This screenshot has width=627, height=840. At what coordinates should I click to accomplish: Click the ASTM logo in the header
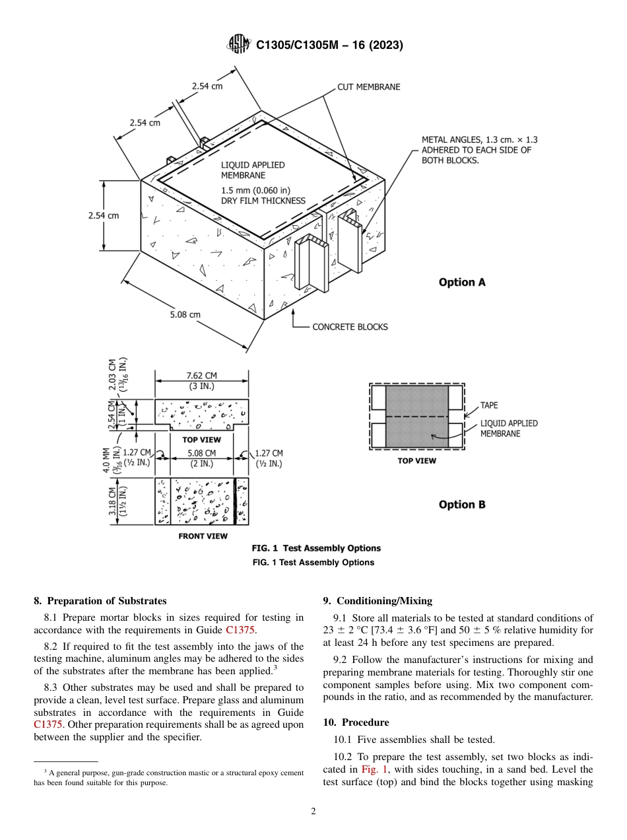(239, 44)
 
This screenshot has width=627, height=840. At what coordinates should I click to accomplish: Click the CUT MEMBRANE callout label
(368, 87)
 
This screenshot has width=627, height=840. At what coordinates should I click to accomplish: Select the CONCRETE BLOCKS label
(350, 327)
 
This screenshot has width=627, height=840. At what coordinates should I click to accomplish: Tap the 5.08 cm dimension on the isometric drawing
(185, 314)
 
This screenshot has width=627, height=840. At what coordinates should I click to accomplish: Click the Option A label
(462, 282)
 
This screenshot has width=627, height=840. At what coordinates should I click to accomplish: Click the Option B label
(462, 505)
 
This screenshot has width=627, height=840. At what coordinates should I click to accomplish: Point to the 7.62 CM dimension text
(201, 376)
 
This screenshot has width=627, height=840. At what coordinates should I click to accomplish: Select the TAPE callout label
(489, 405)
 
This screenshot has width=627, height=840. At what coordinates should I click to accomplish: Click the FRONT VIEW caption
(203, 536)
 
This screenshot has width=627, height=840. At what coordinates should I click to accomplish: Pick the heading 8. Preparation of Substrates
(100, 601)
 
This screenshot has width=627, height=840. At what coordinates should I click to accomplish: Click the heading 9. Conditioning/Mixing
(377, 601)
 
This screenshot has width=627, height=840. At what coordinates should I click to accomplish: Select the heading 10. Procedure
(356, 722)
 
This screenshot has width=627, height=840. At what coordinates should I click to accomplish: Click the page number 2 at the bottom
(313, 812)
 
